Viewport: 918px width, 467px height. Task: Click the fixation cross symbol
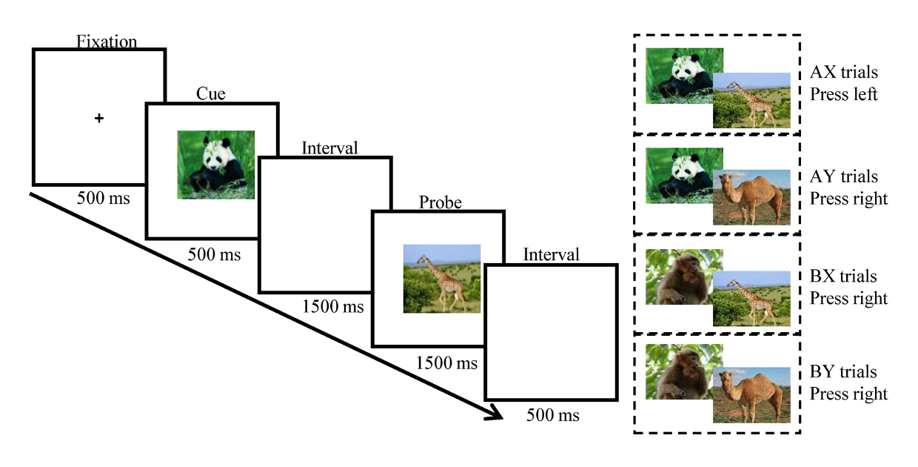click(x=98, y=119)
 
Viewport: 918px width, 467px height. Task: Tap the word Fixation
click(x=107, y=42)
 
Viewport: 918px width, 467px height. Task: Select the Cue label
click(x=211, y=93)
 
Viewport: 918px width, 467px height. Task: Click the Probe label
click(x=440, y=202)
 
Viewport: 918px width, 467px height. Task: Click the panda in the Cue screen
click(x=216, y=165)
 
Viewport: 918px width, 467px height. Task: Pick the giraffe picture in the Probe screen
click(x=442, y=279)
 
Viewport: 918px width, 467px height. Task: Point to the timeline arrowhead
click(x=495, y=413)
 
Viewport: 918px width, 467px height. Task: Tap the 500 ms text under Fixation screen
click(x=104, y=198)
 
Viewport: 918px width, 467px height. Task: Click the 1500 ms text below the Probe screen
click(x=446, y=362)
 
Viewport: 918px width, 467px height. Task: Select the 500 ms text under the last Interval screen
click(x=553, y=415)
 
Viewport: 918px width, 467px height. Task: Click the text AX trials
click(x=844, y=72)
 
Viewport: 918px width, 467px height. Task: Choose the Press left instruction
click(x=844, y=94)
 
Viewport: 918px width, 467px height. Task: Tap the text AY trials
click(x=844, y=176)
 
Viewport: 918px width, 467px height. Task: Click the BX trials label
click(x=843, y=276)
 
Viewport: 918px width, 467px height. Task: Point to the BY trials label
click(x=843, y=372)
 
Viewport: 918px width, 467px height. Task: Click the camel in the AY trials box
click(x=751, y=197)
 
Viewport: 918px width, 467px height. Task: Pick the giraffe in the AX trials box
click(x=751, y=101)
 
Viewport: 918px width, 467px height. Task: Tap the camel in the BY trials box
click(x=751, y=395)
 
